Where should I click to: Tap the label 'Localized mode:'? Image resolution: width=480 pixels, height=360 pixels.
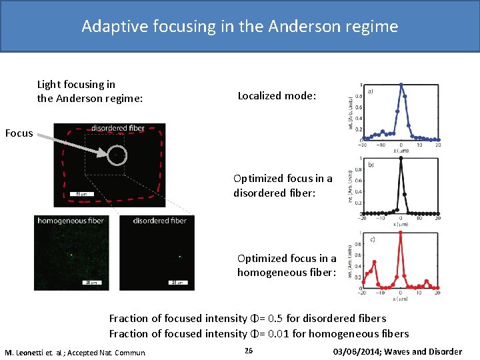click(x=277, y=95)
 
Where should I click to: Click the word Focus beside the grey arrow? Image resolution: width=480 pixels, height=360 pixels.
click(x=19, y=133)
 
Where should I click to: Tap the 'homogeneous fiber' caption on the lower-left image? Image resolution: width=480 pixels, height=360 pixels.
click(x=71, y=221)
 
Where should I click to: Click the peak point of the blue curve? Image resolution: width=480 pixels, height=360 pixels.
click(x=400, y=84)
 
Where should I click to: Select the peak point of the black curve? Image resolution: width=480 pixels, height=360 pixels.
click(x=400, y=158)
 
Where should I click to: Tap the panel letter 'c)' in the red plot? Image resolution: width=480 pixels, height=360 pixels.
click(x=370, y=239)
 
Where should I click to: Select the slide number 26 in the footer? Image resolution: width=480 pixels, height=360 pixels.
click(x=249, y=351)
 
